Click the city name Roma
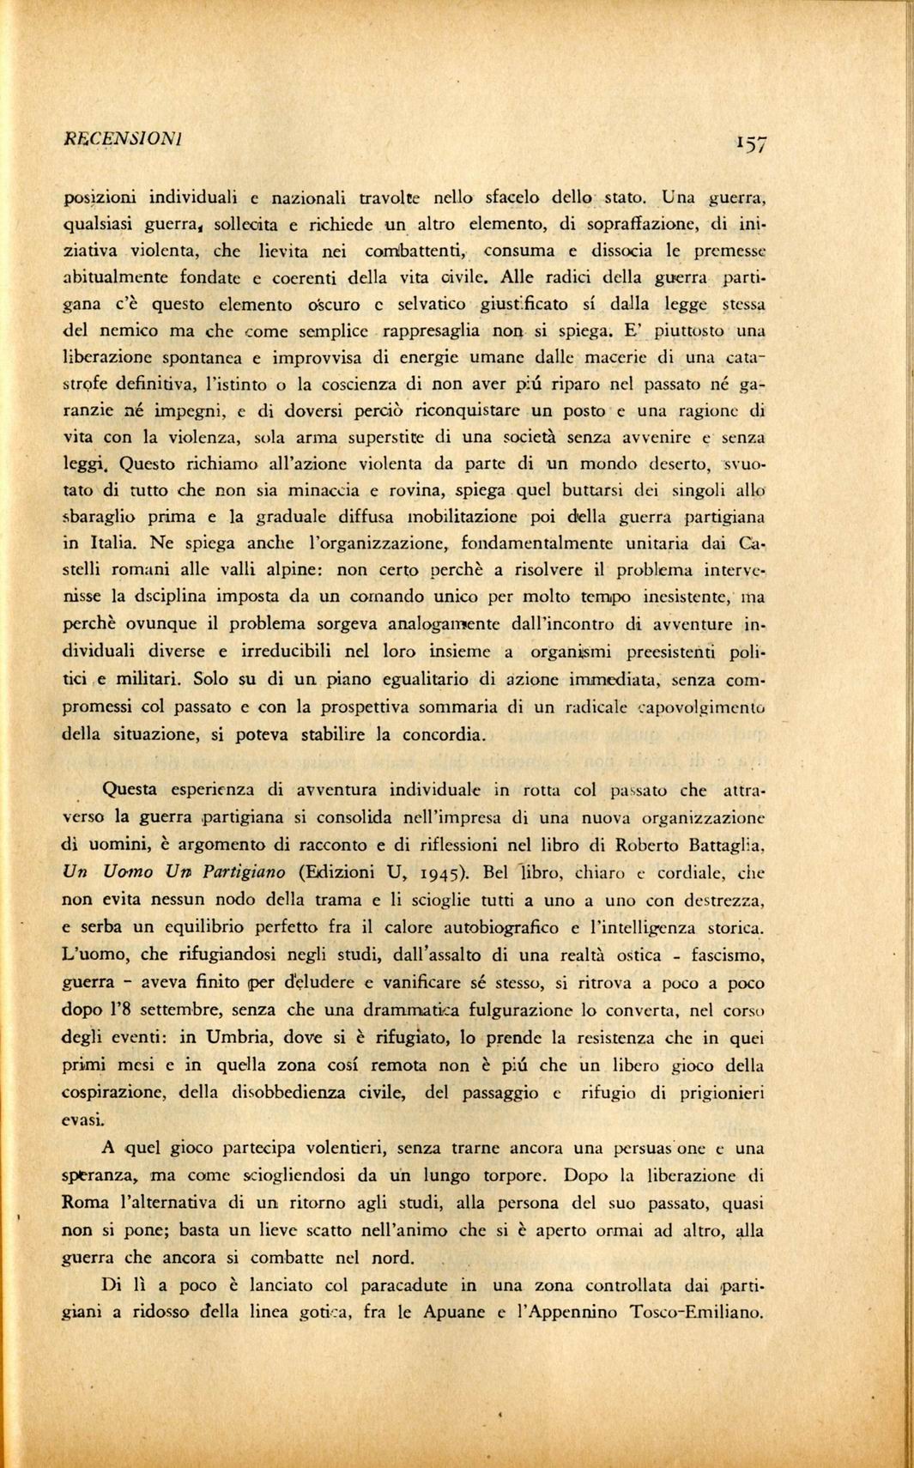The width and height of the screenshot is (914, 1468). pos(86,1203)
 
